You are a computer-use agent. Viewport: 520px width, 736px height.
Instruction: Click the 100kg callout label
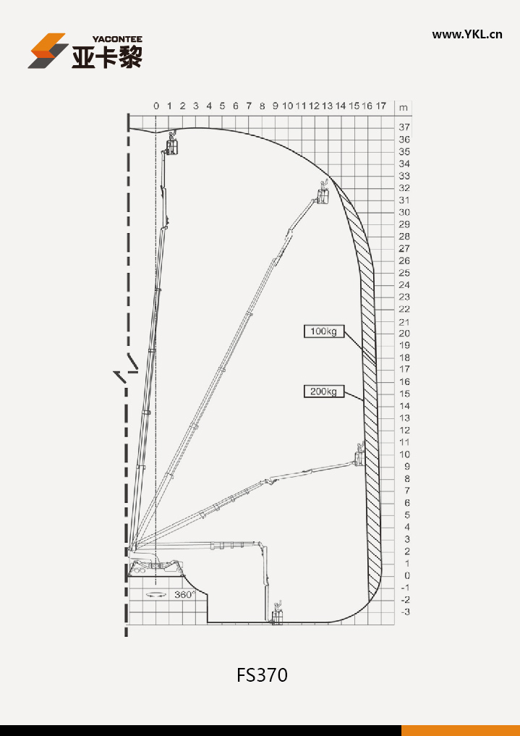323,331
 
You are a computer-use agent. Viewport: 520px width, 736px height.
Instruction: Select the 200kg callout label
323,391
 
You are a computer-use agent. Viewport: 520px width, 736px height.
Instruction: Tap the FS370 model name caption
262,675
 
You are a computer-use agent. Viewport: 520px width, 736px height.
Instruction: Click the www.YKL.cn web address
467,34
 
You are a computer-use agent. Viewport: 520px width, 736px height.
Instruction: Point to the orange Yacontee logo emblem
48,51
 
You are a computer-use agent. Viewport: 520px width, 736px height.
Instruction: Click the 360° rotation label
184,595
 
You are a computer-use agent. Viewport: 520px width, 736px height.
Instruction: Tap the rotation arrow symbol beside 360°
156,595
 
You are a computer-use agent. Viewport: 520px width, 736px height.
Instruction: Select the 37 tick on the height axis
404,127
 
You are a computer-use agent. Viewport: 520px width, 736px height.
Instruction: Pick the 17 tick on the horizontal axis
380,106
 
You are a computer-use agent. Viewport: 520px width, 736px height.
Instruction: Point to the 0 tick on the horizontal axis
156,106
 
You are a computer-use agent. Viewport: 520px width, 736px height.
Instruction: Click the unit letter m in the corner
404,108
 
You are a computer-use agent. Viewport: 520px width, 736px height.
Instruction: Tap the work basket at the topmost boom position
172,143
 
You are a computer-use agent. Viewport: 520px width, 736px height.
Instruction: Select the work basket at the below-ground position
278,614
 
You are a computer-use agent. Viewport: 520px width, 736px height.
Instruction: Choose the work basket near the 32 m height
323,193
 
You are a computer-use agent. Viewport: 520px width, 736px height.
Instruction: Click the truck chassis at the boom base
156,567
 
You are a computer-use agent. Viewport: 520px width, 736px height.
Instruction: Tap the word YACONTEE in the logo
116,39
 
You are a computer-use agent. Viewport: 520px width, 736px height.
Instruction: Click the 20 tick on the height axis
404,334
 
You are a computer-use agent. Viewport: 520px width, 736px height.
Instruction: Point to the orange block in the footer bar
461,730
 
